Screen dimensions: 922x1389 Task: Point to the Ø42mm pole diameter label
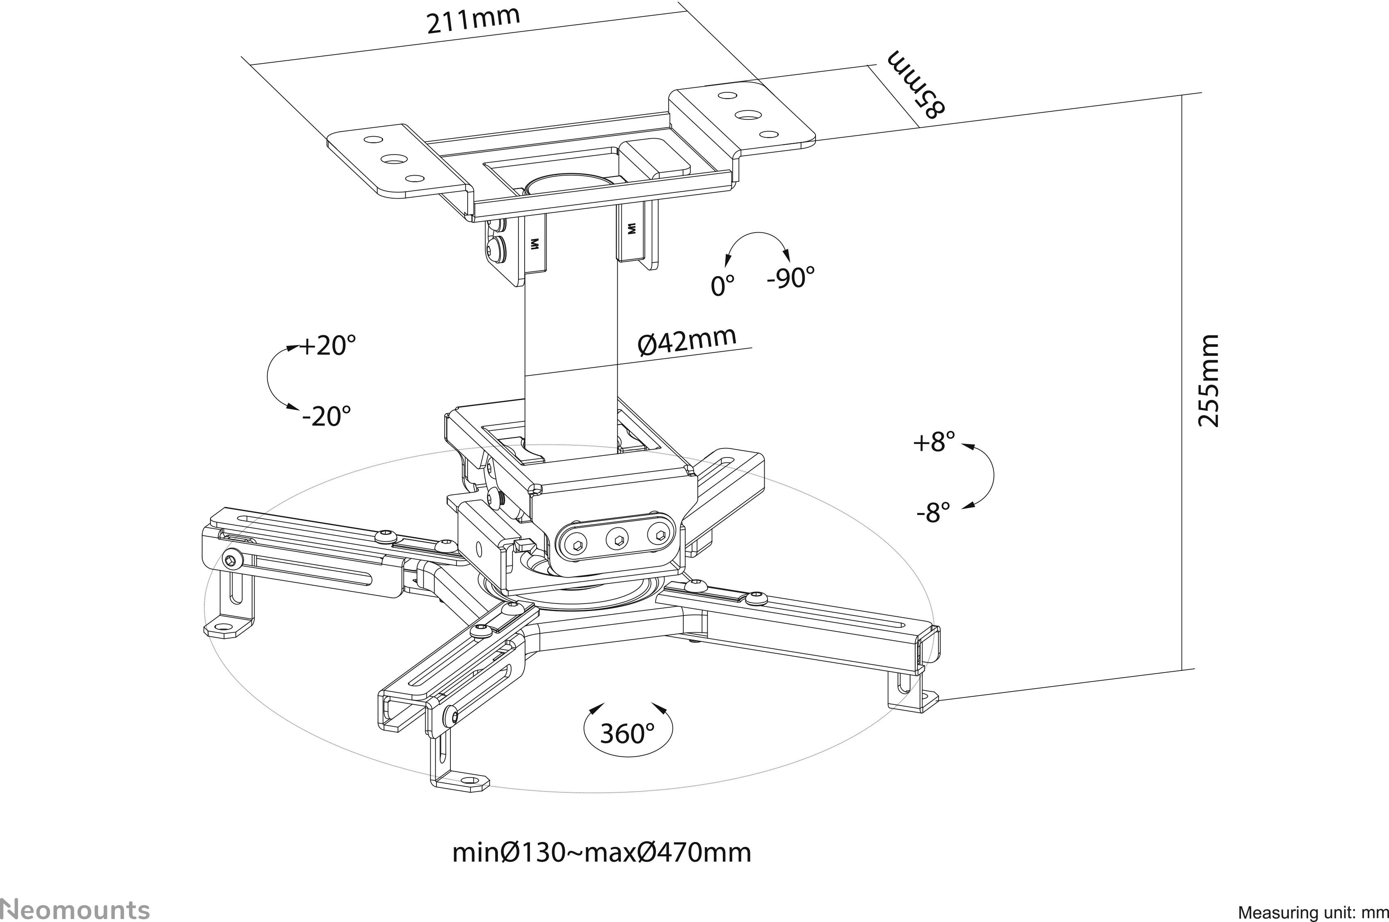pyautogui.click(x=687, y=341)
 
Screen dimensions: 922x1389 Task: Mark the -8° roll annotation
pyautogui.click(x=933, y=513)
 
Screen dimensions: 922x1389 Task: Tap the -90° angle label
pyautogui.click(x=790, y=277)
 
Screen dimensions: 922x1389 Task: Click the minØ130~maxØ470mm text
pyautogui.click(x=601, y=852)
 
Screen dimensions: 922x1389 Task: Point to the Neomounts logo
pyautogui.click(x=75, y=908)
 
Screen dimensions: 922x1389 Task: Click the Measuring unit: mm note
pyautogui.click(x=1312, y=913)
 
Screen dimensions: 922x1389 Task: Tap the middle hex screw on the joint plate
pyautogui.click(x=618, y=538)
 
